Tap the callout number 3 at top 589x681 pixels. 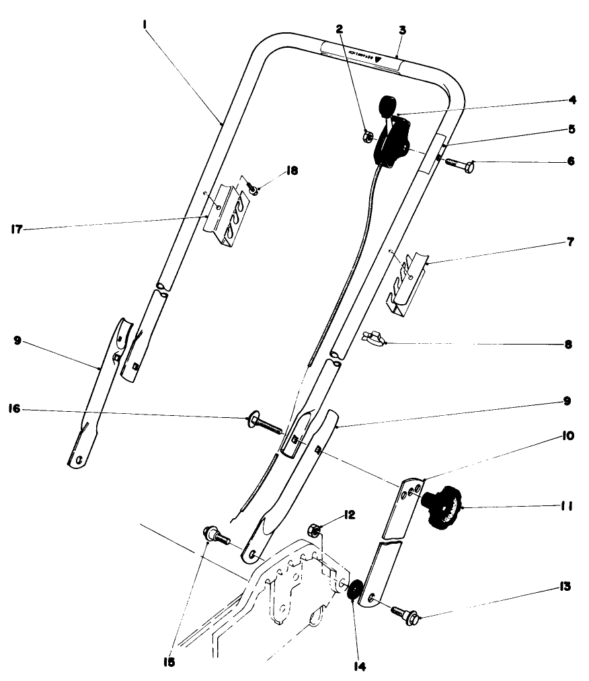(402, 30)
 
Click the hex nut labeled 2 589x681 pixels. (368, 137)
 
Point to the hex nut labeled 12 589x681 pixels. (313, 528)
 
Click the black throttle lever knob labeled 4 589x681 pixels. (388, 106)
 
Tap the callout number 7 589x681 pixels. (570, 241)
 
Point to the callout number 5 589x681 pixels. (570, 129)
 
